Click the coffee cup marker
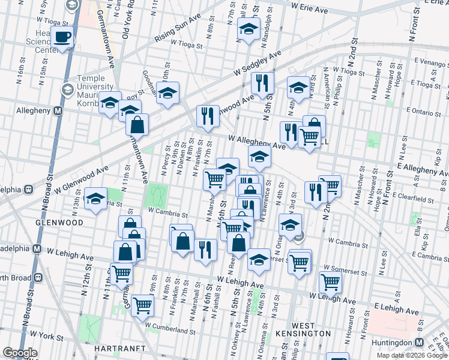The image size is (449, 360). coord(62,38)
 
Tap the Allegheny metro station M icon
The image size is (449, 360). coord(58,110)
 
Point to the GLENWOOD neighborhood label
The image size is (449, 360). coord(58,223)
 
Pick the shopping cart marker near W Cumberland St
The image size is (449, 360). coord(143,305)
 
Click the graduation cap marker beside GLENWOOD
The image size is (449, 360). coord(95,199)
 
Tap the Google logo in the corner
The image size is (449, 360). coord(20,353)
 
